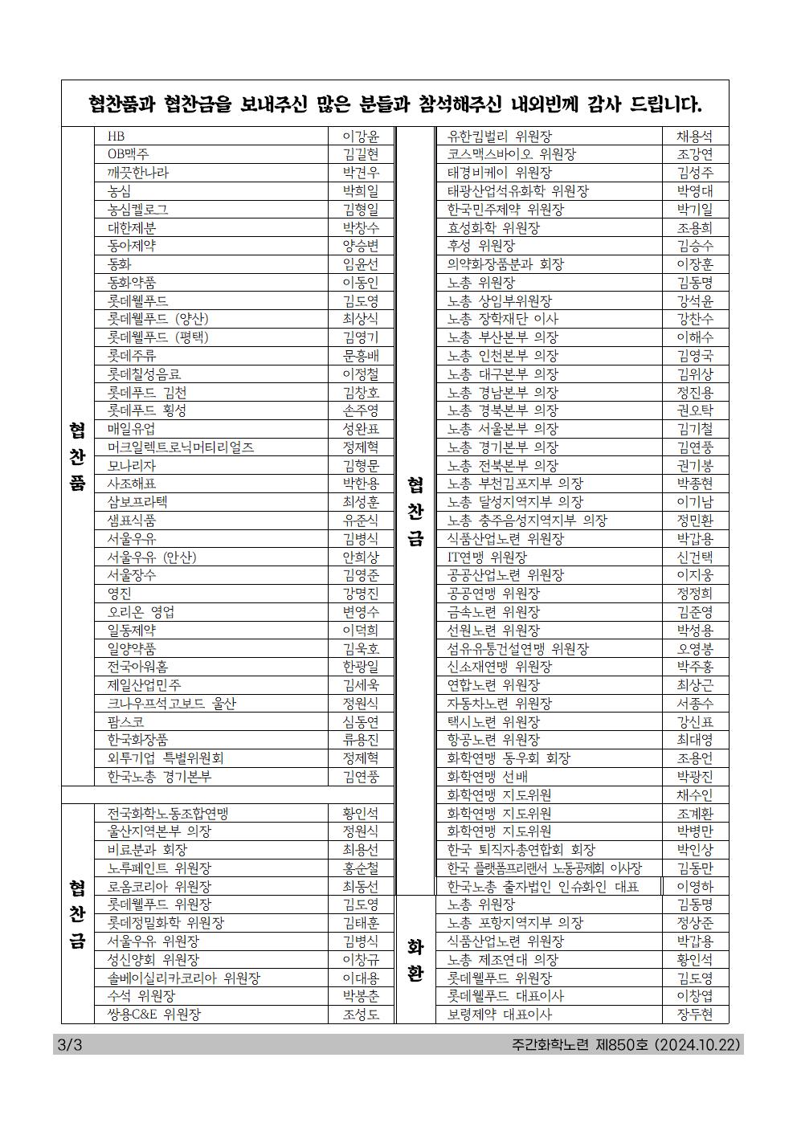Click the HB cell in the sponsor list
coord(116,137)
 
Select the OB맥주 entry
coord(129,154)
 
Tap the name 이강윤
coord(361,137)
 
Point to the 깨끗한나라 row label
coord(138,173)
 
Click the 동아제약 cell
coord(132,246)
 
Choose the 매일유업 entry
coord(132,429)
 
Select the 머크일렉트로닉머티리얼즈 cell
coord(181,447)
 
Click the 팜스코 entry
coord(126,721)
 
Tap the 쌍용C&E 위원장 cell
coord(154,1015)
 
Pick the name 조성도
coord(361,1015)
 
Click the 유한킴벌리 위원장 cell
coord(500,137)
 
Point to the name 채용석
coord(695,137)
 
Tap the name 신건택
coord(695,557)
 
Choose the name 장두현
coord(695,1015)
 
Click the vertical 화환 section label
coord(415,960)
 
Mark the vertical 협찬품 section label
coord(77,457)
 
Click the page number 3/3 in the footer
coord(71,1045)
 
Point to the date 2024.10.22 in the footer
coord(700,1045)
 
